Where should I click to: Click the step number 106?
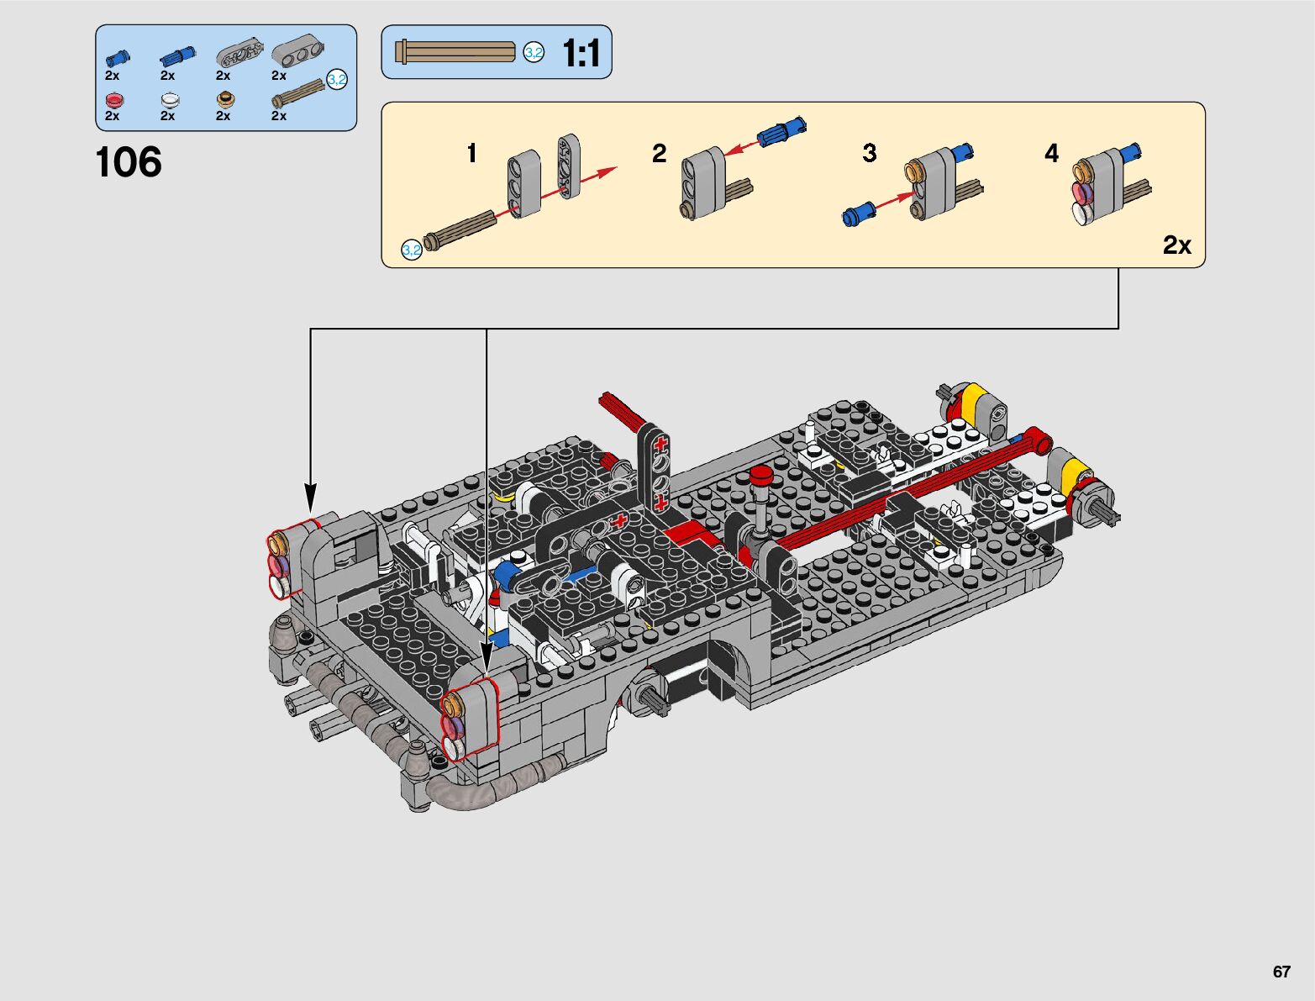pos(129,161)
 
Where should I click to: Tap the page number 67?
pos(1281,972)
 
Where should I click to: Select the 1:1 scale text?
pos(581,53)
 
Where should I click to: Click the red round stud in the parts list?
pos(113,99)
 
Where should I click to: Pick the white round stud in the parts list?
pos(170,99)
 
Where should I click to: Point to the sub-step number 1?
pos(472,153)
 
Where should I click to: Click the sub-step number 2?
pos(659,153)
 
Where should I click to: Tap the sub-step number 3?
pos(870,153)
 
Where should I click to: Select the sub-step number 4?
pos(1051,153)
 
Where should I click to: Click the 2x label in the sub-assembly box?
pos(1176,245)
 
